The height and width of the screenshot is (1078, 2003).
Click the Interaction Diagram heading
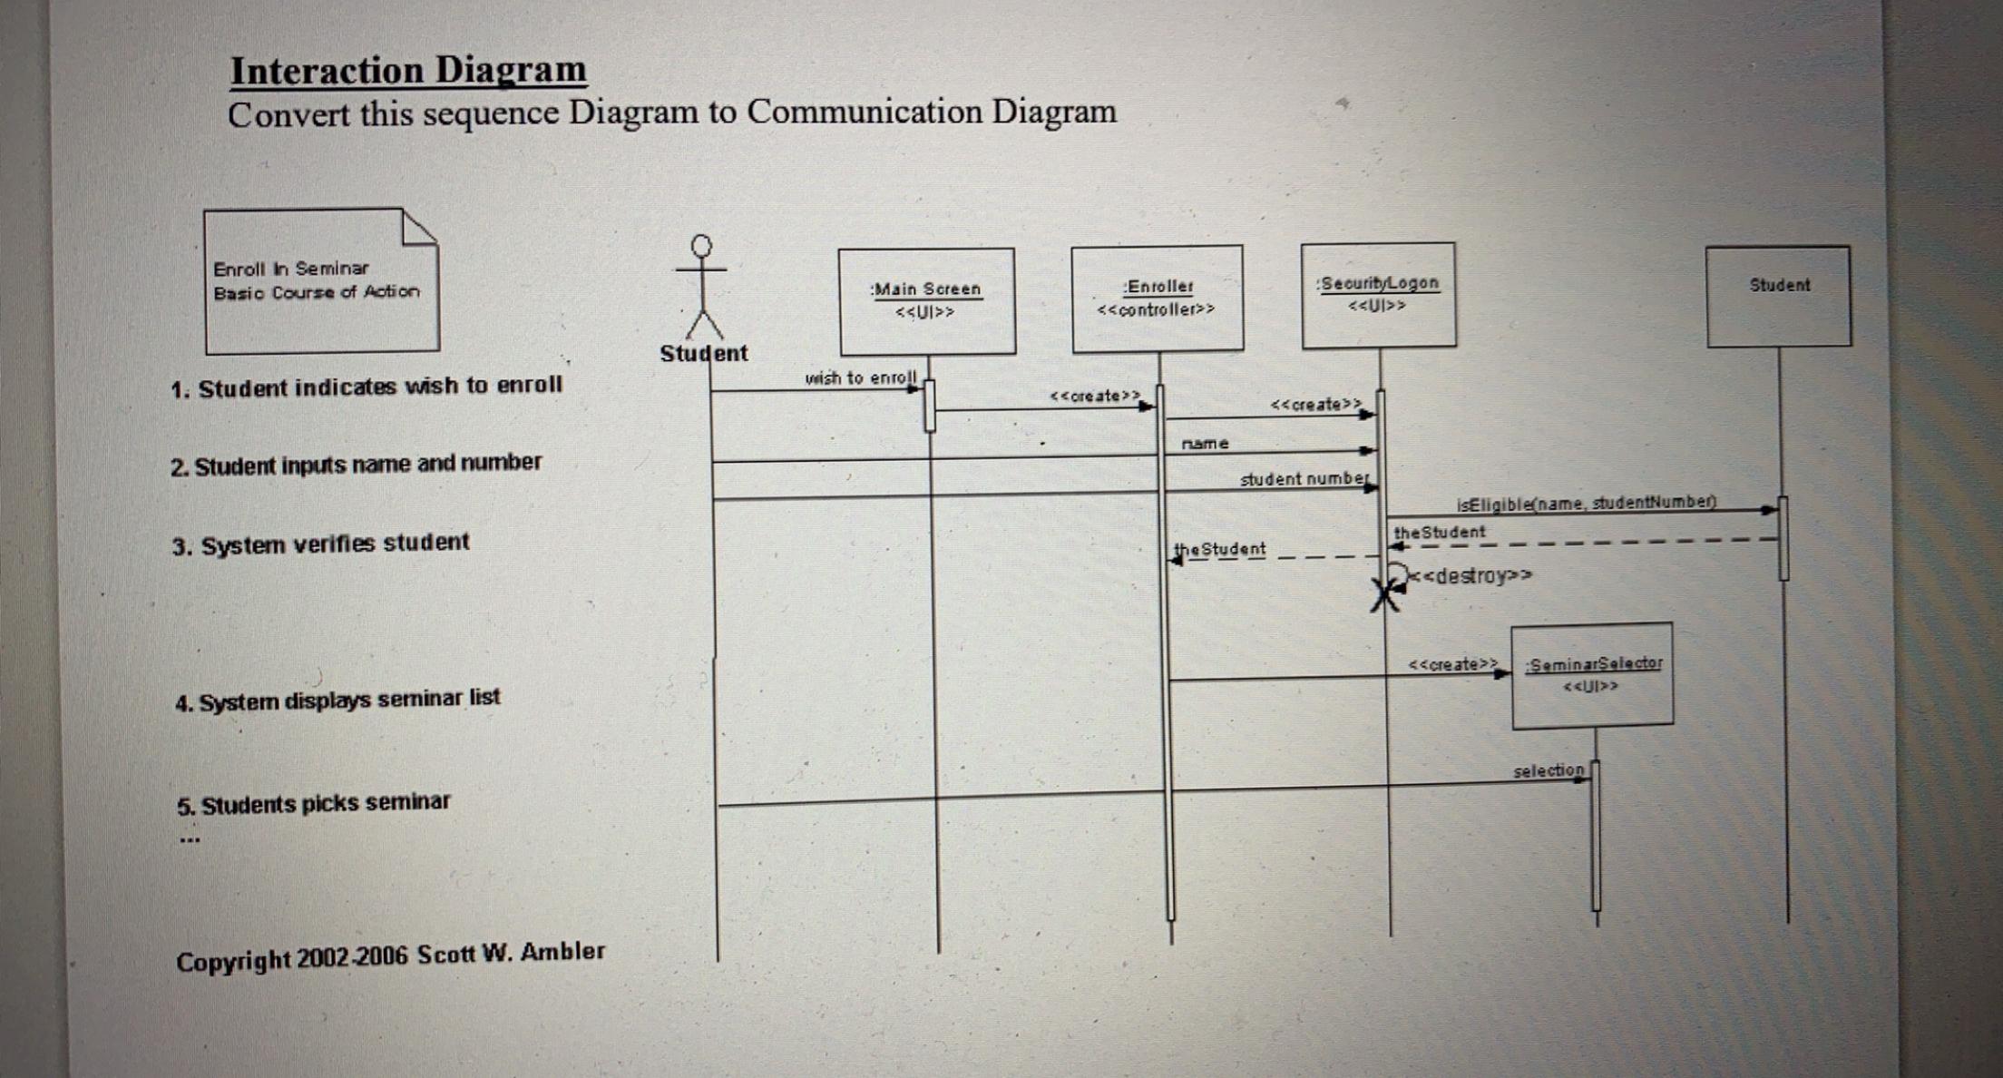click(408, 71)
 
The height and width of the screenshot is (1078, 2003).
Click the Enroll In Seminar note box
click(321, 281)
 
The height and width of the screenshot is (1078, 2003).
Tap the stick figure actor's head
click(701, 246)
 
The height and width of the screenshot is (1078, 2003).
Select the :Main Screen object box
click(926, 301)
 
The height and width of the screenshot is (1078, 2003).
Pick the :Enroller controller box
click(1157, 298)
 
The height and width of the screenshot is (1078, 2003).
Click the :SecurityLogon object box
click(1378, 295)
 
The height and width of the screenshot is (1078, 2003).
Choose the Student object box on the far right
click(1778, 296)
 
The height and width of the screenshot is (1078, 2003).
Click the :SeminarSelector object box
click(1592, 675)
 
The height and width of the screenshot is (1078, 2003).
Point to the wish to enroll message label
click(860, 377)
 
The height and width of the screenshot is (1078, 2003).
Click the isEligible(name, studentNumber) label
click(1586, 503)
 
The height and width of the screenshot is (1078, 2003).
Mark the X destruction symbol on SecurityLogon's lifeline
click(1384, 596)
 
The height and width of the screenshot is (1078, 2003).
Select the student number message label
click(1304, 479)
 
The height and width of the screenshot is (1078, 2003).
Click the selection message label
click(1548, 770)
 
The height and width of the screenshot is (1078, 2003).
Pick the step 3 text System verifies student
click(321, 544)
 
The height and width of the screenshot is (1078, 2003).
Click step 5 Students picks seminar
click(314, 804)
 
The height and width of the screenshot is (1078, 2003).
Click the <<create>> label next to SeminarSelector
click(1451, 664)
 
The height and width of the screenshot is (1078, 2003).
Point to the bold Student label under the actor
click(704, 353)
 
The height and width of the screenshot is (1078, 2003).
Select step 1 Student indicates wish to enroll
click(366, 387)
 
